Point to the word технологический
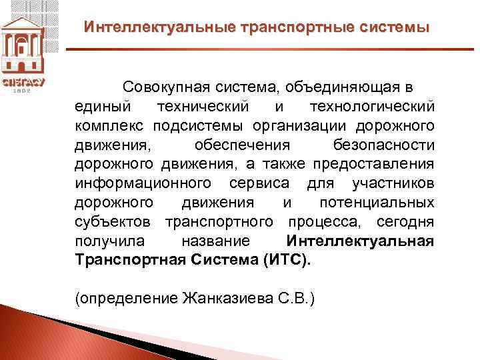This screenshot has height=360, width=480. (x=372, y=107)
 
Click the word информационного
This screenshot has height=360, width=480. (x=143, y=183)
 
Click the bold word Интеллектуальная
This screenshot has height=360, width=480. (x=360, y=240)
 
